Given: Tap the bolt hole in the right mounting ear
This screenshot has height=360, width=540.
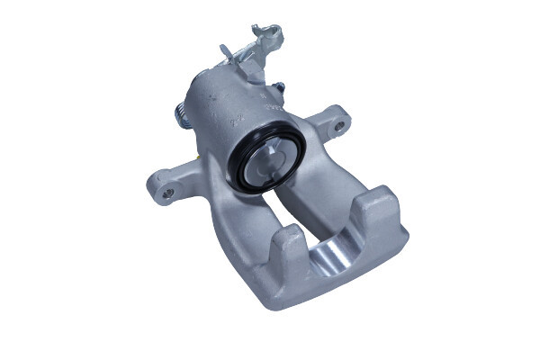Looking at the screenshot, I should click(338, 126).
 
